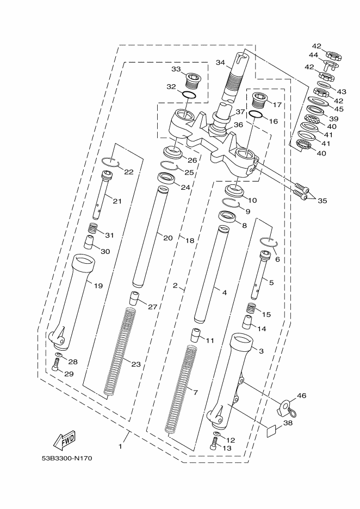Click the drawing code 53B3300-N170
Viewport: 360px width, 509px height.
point(67,458)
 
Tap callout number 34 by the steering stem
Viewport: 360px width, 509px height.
point(220,63)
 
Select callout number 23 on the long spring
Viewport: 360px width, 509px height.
point(136,364)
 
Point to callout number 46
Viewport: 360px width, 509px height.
point(302,395)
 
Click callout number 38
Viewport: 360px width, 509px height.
point(288,423)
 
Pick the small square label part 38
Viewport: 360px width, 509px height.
point(272,431)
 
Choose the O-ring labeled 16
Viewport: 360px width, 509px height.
point(256,114)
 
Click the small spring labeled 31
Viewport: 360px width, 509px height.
point(92,229)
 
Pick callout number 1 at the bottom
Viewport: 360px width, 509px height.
point(120,446)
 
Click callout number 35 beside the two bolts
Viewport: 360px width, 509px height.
point(322,201)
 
